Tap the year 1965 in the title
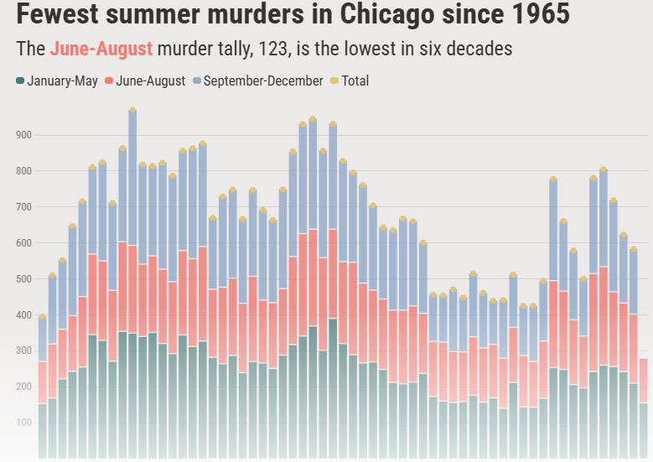point(537,14)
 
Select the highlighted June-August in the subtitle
point(101,49)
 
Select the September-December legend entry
point(257,81)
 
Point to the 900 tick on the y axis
point(23,135)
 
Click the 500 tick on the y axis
point(23,279)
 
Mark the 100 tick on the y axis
point(23,423)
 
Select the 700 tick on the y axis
point(23,207)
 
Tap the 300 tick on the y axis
point(23,351)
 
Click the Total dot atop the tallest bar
point(132,110)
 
